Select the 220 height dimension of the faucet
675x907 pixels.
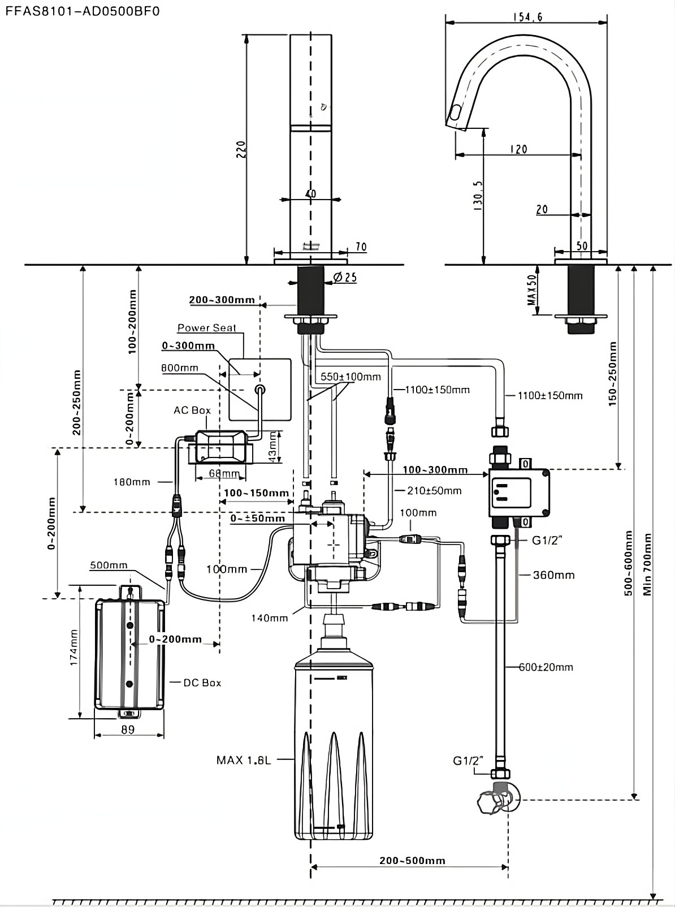(x=241, y=149)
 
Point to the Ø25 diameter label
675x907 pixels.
(x=345, y=277)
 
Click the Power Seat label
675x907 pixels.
(x=206, y=328)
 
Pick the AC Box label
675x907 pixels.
(x=192, y=410)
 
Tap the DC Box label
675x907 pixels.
(x=202, y=683)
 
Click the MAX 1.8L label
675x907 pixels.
(x=244, y=760)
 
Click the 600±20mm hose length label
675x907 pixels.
(x=546, y=667)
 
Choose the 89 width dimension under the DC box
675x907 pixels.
(x=128, y=729)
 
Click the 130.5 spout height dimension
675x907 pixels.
(x=478, y=196)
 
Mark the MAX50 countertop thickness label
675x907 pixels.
(x=531, y=290)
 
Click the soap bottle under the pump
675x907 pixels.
(x=334, y=746)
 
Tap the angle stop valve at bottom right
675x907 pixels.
(x=495, y=798)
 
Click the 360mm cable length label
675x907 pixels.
(x=553, y=575)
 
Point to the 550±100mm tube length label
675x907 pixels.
(x=351, y=377)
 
